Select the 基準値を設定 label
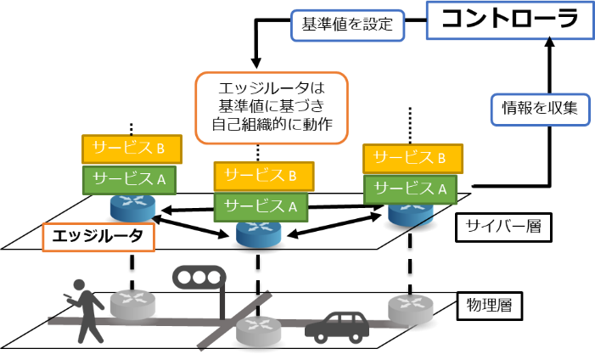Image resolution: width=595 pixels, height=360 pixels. tap(347, 25)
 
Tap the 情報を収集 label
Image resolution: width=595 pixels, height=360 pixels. tap(540, 109)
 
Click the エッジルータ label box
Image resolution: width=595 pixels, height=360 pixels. tap(98, 237)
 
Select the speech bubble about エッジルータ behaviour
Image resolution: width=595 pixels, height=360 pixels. tap(272, 108)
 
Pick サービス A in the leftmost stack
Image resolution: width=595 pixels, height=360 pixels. tap(129, 179)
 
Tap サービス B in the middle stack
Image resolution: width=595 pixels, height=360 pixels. tap(263, 176)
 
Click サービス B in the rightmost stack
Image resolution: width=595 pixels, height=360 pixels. tap(413, 157)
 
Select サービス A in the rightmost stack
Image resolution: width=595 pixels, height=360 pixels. tap(413, 188)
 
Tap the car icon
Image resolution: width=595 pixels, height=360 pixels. tap(336, 325)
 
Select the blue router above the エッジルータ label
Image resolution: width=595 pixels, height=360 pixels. tap(132, 207)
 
